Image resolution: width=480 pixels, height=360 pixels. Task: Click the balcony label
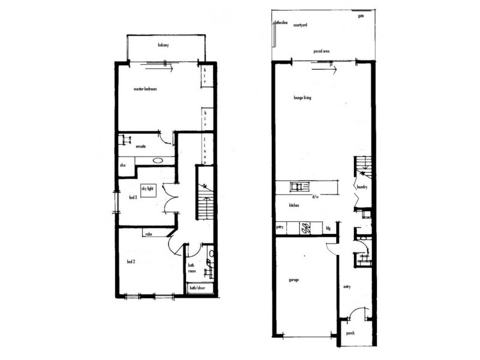(162, 45)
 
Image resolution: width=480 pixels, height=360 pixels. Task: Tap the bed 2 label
(132, 262)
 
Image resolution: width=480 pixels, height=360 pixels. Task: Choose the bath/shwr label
(196, 289)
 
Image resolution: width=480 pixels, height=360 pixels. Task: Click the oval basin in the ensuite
(160, 160)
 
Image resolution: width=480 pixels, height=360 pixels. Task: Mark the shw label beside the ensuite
(123, 164)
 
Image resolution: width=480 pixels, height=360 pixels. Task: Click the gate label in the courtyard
(361, 16)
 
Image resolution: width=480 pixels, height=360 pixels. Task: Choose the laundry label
(361, 187)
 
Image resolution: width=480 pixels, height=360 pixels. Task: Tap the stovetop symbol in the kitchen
(304, 228)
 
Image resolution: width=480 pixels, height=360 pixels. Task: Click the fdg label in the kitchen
(328, 229)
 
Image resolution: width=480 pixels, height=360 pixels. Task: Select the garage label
(293, 280)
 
